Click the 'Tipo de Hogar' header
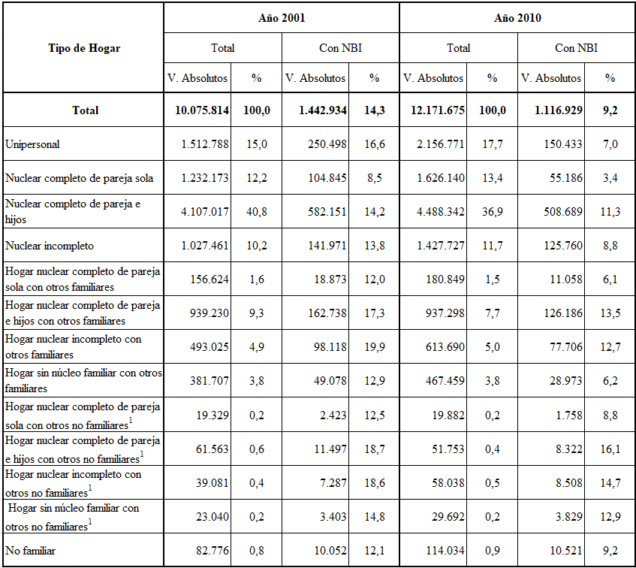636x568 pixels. click(x=84, y=48)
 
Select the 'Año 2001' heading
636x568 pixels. click(x=282, y=18)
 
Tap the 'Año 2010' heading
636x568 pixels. click(x=517, y=18)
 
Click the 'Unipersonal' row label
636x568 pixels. click(x=32, y=144)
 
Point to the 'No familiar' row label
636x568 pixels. click(x=31, y=551)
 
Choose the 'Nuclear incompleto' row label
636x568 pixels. click(x=50, y=246)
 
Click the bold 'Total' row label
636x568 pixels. click(x=85, y=110)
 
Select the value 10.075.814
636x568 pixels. click(x=202, y=110)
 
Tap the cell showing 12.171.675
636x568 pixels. click(x=438, y=110)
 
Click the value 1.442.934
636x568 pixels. click(x=323, y=110)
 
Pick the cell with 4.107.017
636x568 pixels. click(x=205, y=212)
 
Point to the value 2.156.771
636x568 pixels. click(x=441, y=144)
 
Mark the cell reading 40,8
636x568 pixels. click(x=257, y=212)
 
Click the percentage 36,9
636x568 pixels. click(x=493, y=212)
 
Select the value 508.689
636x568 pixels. click(x=563, y=212)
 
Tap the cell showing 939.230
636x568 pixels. click(x=209, y=313)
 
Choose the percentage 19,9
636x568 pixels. click(x=375, y=347)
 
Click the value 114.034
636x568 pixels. click(x=445, y=551)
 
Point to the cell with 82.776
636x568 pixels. click(x=213, y=551)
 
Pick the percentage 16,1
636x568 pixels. click(x=610, y=449)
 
